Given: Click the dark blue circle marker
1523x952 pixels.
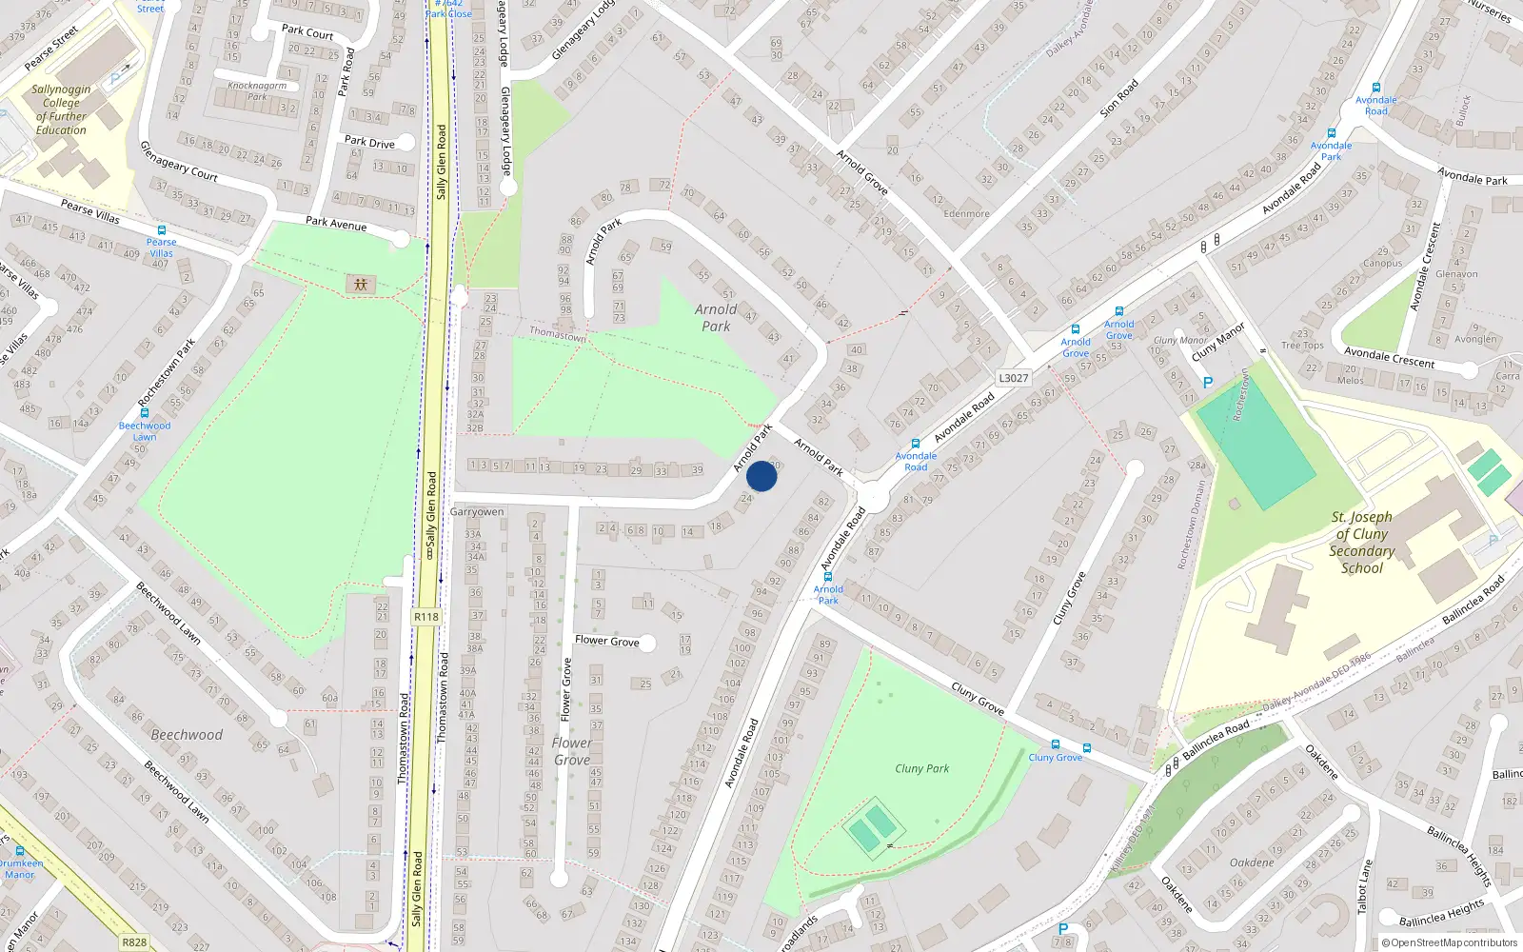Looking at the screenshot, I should click(761, 476).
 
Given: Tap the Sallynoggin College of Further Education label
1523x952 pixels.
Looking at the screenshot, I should click(61, 109).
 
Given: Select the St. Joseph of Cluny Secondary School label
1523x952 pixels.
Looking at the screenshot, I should click(1361, 543).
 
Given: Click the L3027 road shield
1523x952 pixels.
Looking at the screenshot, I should click(1013, 378).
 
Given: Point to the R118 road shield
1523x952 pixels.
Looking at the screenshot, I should click(426, 617).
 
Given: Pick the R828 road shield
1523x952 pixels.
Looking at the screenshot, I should click(134, 942).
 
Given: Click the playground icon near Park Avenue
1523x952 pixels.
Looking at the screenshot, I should click(361, 284).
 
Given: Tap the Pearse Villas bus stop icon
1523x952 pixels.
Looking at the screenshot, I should click(162, 230).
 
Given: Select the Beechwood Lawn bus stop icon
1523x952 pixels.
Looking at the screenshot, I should click(144, 413).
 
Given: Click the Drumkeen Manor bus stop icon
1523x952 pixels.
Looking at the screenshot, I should click(20, 851).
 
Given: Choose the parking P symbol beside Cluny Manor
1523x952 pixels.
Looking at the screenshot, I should click(1208, 383).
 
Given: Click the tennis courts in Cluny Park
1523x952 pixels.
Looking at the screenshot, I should click(872, 828).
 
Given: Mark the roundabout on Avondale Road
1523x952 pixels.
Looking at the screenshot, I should click(874, 497).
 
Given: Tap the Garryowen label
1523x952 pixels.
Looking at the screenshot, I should click(477, 512).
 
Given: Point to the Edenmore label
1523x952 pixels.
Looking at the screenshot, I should click(966, 213).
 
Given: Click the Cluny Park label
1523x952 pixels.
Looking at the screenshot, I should click(921, 768).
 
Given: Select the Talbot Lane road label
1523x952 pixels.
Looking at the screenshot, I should click(1364, 886).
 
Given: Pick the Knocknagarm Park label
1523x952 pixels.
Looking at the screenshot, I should click(257, 90).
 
